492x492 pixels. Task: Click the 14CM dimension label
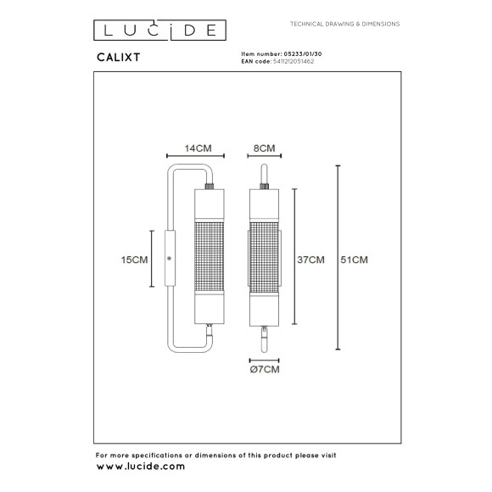pyautogui.click(x=198, y=148)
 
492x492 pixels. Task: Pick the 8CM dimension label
pyautogui.click(x=265, y=148)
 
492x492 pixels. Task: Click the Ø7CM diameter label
pyautogui.click(x=265, y=370)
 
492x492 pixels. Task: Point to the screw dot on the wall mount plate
pyautogui.click(x=169, y=258)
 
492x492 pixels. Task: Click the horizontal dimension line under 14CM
pyautogui.click(x=196, y=157)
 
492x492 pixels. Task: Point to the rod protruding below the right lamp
pyautogui.click(x=265, y=338)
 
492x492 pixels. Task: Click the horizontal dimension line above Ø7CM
pyautogui.click(x=265, y=359)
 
